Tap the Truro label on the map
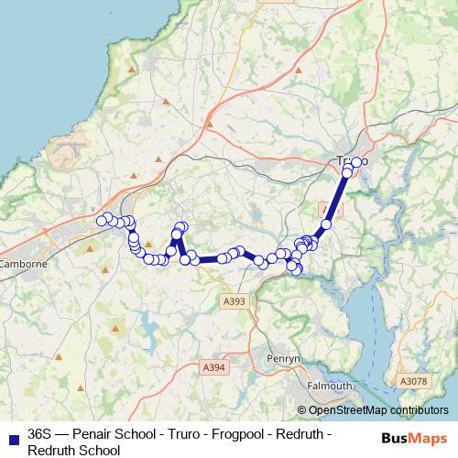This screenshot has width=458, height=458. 348,161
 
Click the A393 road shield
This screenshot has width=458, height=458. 234,300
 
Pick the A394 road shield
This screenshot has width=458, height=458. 213,366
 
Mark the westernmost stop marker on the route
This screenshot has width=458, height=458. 103,220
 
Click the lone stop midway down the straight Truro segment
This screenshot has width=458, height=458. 325,224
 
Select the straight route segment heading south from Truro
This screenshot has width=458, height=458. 336,197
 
